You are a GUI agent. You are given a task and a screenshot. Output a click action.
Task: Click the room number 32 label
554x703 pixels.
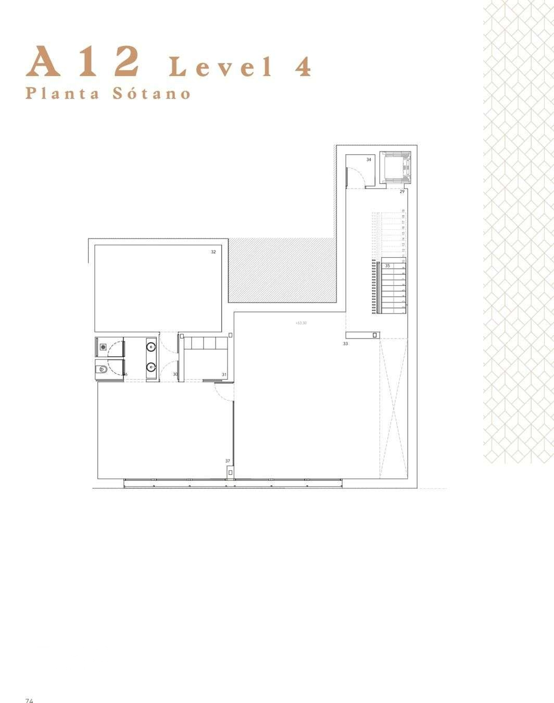tap(213, 252)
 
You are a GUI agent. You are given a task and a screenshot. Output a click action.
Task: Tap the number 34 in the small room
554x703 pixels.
tap(369, 160)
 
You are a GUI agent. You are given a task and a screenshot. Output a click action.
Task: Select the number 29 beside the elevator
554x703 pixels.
tap(402, 192)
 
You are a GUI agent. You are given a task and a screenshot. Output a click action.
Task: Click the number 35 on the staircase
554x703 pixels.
tap(387, 266)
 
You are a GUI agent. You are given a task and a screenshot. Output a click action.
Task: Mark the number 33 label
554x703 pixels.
tap(345, 344)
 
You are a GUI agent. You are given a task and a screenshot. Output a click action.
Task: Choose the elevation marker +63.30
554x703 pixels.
tap(301, 323)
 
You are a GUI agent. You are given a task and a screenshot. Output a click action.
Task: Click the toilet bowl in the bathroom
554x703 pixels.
tap(103, 370)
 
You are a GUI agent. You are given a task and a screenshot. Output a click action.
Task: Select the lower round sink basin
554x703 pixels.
tap(152, 367)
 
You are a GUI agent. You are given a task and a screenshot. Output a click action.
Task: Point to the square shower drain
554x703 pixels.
tap(103, 346)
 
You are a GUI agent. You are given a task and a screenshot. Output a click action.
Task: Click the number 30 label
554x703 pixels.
tap(175, 374)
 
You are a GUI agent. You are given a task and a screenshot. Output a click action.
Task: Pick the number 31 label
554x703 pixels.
tap(224, 374)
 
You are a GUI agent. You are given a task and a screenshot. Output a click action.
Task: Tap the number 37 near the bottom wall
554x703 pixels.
tap(228, 461)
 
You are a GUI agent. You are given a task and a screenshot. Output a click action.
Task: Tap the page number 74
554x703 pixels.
tap(30, 700)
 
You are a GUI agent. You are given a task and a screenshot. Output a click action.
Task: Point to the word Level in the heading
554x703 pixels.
tap(221, 67)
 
